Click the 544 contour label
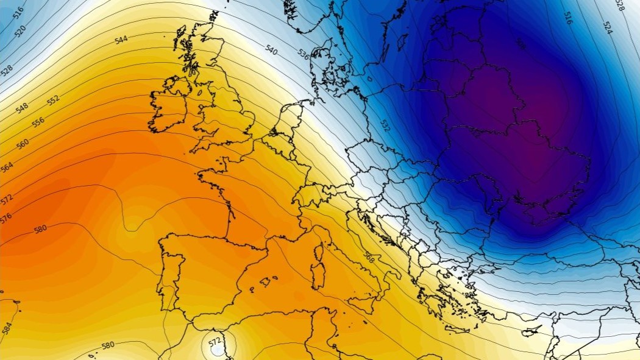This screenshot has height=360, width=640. coord(121,40)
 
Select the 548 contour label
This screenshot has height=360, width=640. coord(22,108)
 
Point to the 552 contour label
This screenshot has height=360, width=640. coord(54,100)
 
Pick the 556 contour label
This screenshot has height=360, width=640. coord(38,122)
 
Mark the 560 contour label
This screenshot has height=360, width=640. coord(23,144)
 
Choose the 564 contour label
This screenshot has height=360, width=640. coord(7,168)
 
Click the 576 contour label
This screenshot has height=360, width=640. coord(5,218)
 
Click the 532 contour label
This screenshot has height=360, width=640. coord(385,126)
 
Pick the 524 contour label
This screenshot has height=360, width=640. coord(607,27)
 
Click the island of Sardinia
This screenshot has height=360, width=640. coord(318,275)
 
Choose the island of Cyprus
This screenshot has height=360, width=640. coord(531,332)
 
